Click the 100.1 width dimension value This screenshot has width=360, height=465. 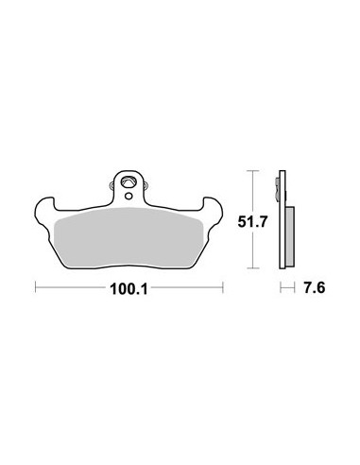(x=129, y=289)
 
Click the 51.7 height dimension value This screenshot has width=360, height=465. (x=252, y=222)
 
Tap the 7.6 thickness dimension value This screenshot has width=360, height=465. (x=314, y=287)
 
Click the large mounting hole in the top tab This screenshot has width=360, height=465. (x=129, y=182)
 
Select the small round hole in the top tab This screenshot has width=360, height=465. (x=129, y=196)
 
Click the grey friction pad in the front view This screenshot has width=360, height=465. (x=129, y=238)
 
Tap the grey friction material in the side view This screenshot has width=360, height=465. (x=290, y=237)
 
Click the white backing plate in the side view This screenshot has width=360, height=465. (x=283, y=219)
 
